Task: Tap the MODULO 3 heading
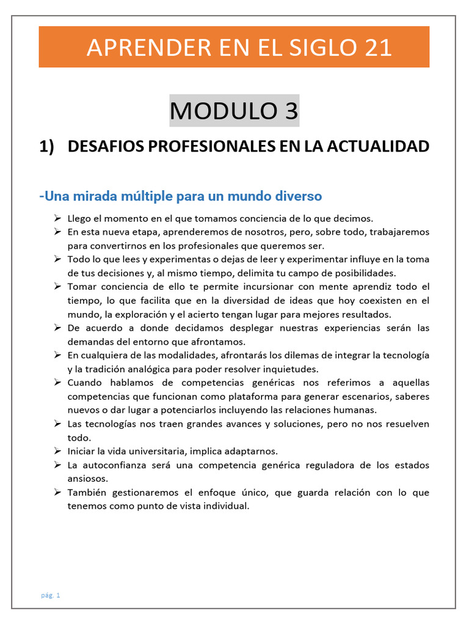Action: click(x=234, y=111)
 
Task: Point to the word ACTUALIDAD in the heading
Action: click(x=378, y=147)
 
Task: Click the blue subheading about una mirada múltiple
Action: click(x=180, y=196)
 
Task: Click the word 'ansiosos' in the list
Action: click(x=87, y=479)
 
